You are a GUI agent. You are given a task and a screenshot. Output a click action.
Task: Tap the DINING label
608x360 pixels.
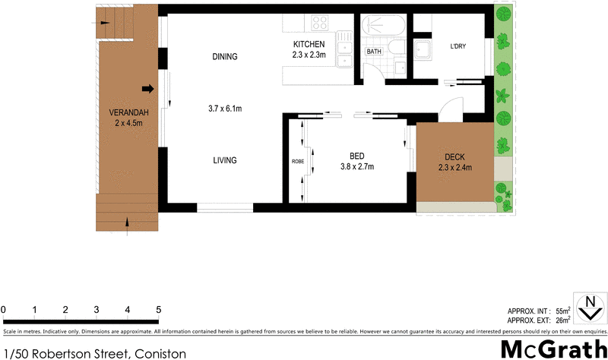pos(225,56)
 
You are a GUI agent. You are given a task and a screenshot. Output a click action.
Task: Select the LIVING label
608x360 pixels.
pos(225,160)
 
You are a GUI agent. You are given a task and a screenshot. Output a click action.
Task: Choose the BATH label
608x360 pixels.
pos(374,52)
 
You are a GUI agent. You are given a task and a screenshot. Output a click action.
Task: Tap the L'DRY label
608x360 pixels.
pos(458,46)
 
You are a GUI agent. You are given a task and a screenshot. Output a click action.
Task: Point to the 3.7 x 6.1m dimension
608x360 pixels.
pos(225,109)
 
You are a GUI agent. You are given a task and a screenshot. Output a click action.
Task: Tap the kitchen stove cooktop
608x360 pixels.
pos(317,23)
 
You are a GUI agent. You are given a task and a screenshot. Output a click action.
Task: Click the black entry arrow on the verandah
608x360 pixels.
pos(148,89)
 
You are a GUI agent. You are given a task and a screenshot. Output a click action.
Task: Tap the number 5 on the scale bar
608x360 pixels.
pos(159,310)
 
